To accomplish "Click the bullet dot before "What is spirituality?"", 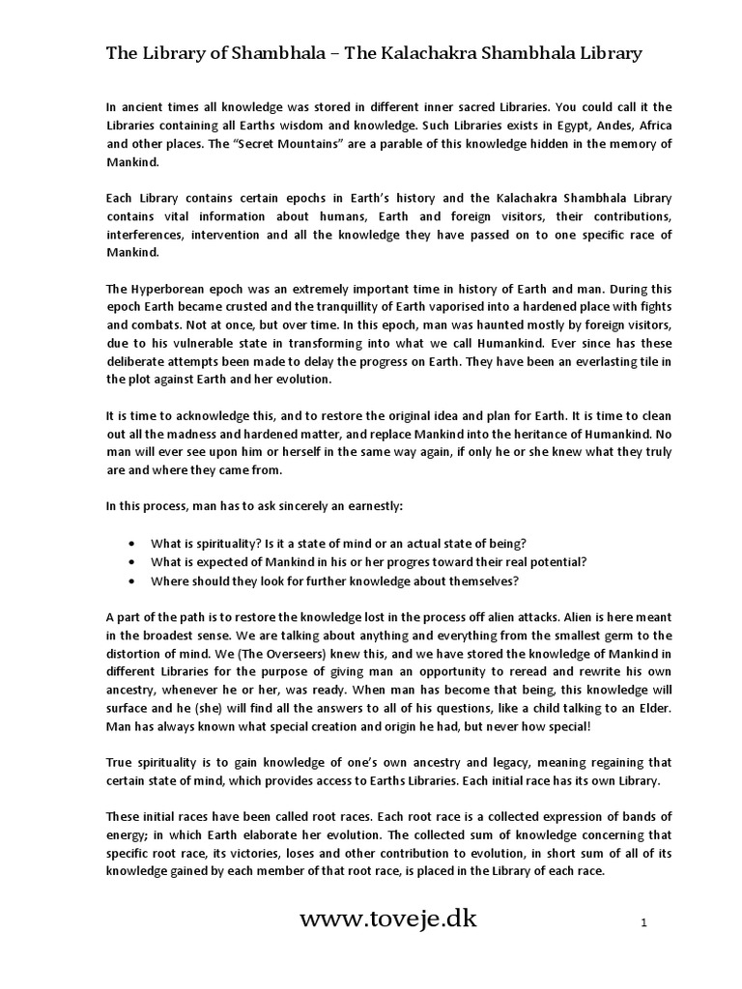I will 130,542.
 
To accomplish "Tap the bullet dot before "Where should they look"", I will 130,580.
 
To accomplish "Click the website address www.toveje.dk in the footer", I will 388,919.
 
